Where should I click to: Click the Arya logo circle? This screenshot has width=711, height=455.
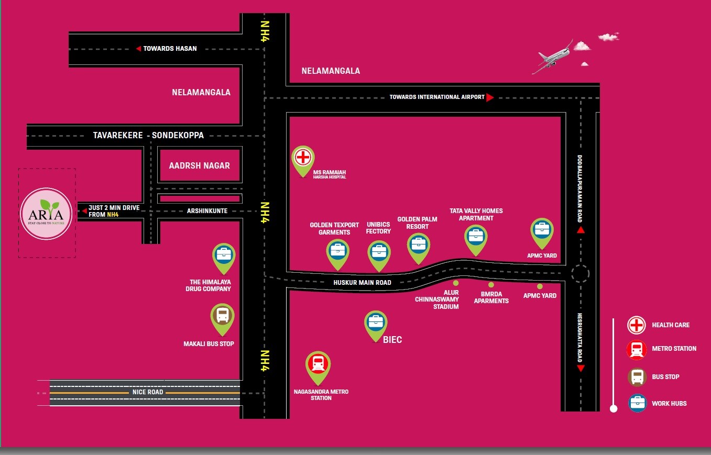46,214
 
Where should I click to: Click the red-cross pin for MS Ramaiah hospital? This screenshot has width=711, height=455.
303,158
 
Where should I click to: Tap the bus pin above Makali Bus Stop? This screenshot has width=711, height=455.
222,316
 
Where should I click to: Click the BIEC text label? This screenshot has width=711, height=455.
392,340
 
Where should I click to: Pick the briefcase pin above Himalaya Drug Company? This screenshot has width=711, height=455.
224,255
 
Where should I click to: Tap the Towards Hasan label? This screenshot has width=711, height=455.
170,49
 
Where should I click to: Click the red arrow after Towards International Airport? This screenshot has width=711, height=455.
490,97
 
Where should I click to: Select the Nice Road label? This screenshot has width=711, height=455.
148,392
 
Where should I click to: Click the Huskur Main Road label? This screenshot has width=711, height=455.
363,283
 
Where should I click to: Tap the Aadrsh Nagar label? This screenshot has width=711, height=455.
199,165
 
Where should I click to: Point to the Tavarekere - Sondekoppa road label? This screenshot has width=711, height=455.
148,135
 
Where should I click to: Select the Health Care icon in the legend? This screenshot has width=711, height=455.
637,325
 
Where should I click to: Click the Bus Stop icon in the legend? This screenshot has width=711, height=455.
637,376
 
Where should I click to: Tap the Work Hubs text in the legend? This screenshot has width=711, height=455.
669,404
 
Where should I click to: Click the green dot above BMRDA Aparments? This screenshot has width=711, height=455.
491,285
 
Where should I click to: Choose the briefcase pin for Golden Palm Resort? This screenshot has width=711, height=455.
418,245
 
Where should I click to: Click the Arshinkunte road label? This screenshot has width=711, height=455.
207,211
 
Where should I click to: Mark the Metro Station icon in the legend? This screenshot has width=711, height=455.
637,349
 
